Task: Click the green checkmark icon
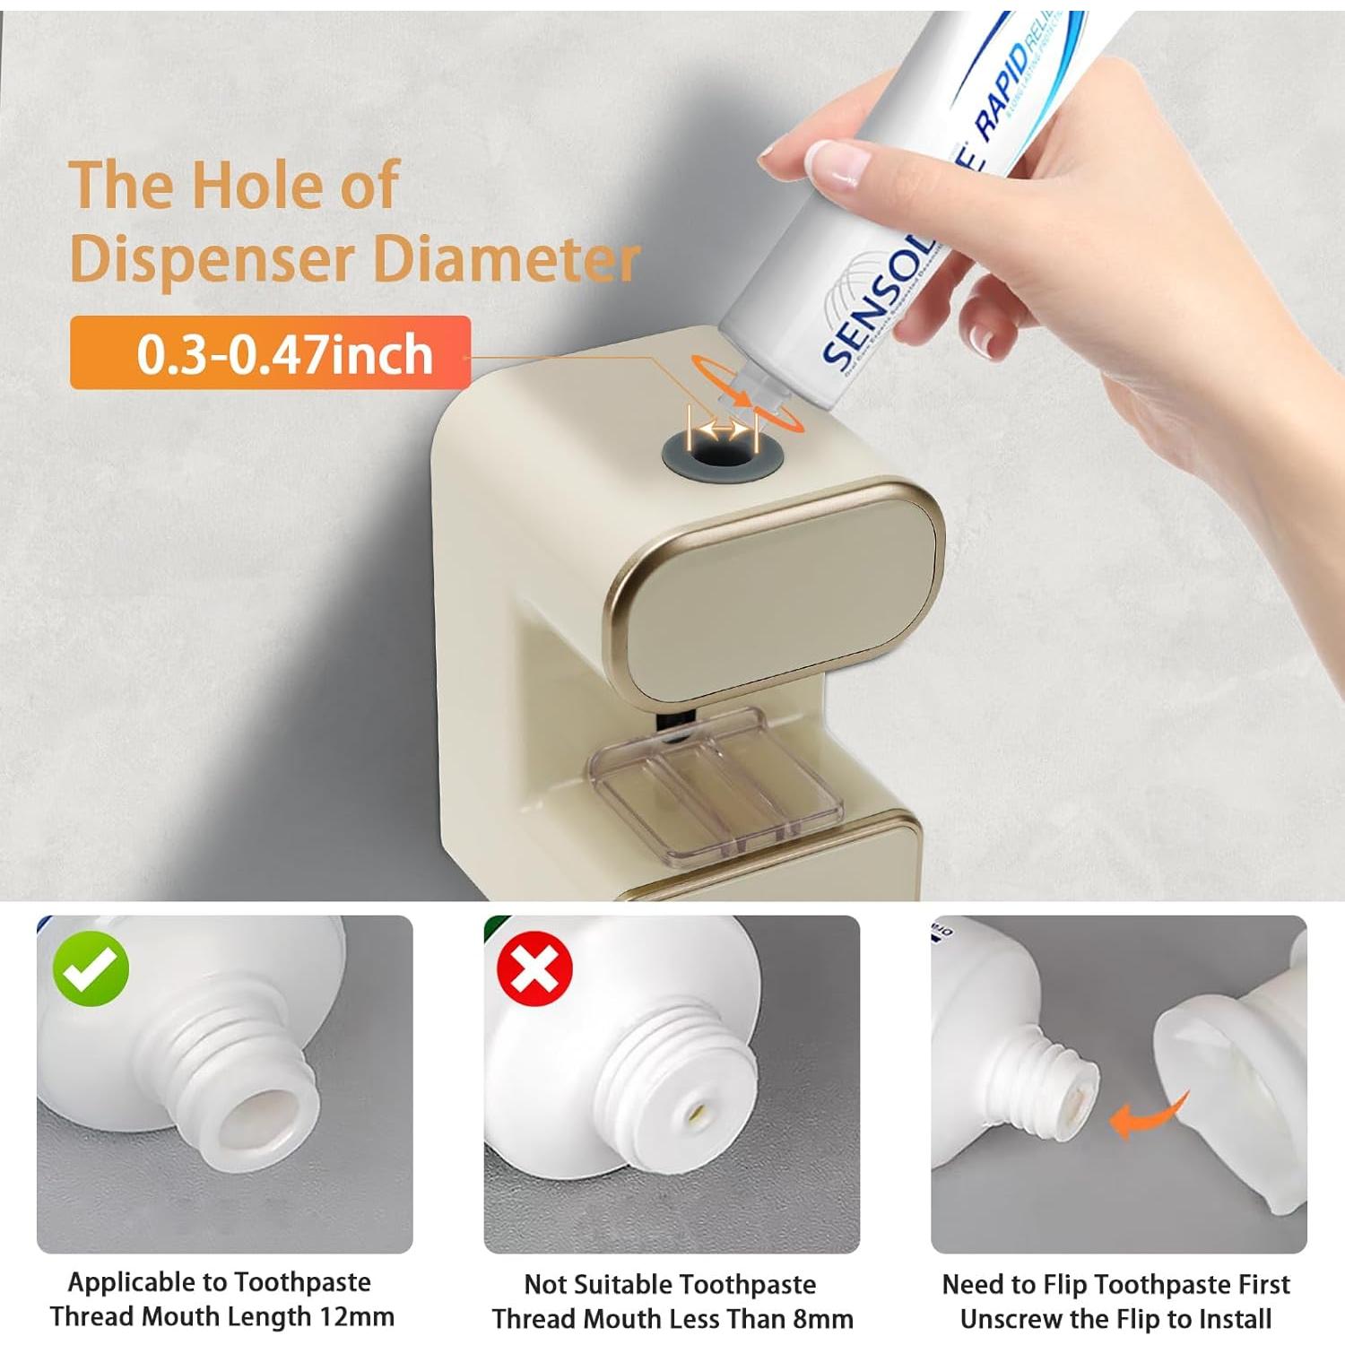point(91,969)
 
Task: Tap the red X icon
point(534,969)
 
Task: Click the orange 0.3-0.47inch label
point(270,353)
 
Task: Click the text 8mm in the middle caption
point(822,1320)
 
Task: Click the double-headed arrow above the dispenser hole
point(723,430)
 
